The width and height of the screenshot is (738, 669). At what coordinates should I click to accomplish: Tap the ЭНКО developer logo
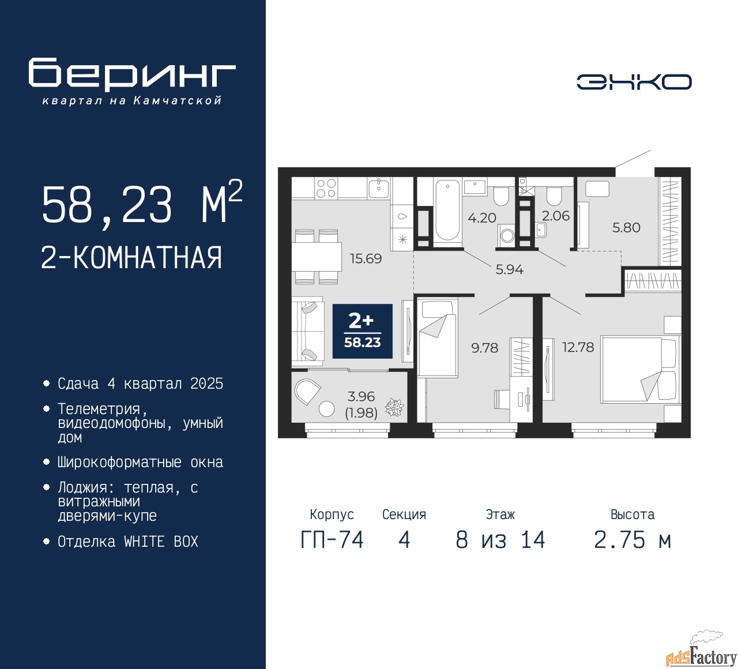pos(634,82)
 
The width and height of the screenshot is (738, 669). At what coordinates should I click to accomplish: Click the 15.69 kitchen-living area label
pos(366,259)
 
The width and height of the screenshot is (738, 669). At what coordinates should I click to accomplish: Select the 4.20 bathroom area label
pos(482,218)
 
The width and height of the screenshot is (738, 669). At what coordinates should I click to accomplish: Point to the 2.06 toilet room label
pos(556,216)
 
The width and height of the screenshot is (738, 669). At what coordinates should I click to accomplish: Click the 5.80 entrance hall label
pos(626,227)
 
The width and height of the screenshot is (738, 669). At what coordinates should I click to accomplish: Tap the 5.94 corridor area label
pos(509,270)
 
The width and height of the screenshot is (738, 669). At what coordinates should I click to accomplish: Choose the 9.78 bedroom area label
pos(484,348)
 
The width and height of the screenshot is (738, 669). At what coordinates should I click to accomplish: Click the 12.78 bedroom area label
pos(578,347)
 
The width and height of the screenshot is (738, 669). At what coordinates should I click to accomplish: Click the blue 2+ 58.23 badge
pos(363,331)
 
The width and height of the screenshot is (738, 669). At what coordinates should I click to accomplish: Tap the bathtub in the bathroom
pos(447,211)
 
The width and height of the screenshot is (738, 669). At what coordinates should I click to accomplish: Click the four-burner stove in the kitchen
pos(327,188)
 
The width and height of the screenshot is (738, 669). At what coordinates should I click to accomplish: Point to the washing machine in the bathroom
pos(507,235)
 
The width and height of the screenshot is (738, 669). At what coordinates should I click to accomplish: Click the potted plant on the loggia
pos(395,408)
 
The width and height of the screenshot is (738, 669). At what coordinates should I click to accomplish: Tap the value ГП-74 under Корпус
pos(332,540)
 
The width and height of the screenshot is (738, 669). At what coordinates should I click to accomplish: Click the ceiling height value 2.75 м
pos(632,540)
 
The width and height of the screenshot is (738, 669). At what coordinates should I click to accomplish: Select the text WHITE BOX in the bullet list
pos(161,542)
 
